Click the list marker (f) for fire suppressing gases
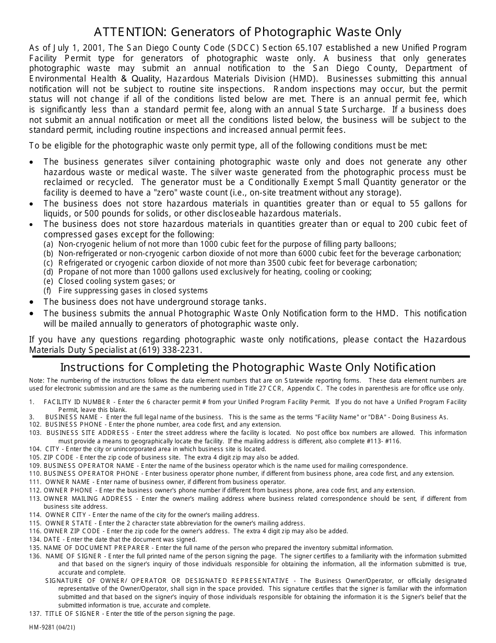click(48, 291)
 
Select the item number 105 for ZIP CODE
click(36, 457)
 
